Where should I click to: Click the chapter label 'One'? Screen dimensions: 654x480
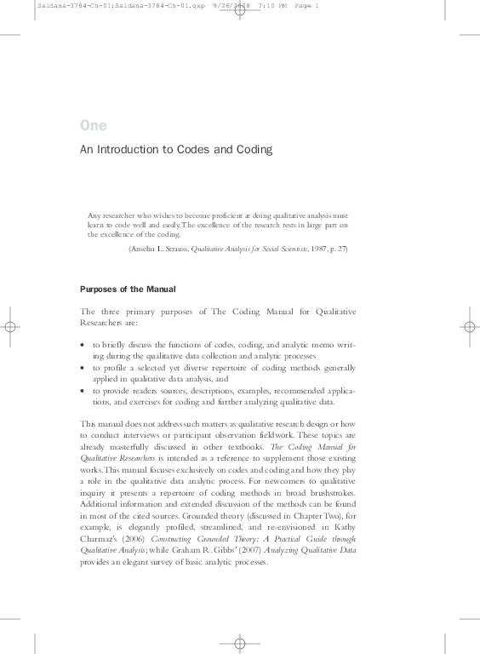94,126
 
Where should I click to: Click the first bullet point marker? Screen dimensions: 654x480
83,345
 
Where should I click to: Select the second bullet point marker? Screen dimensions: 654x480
83,367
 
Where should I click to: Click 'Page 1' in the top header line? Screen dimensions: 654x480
306,7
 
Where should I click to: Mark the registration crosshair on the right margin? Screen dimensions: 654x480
471,326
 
